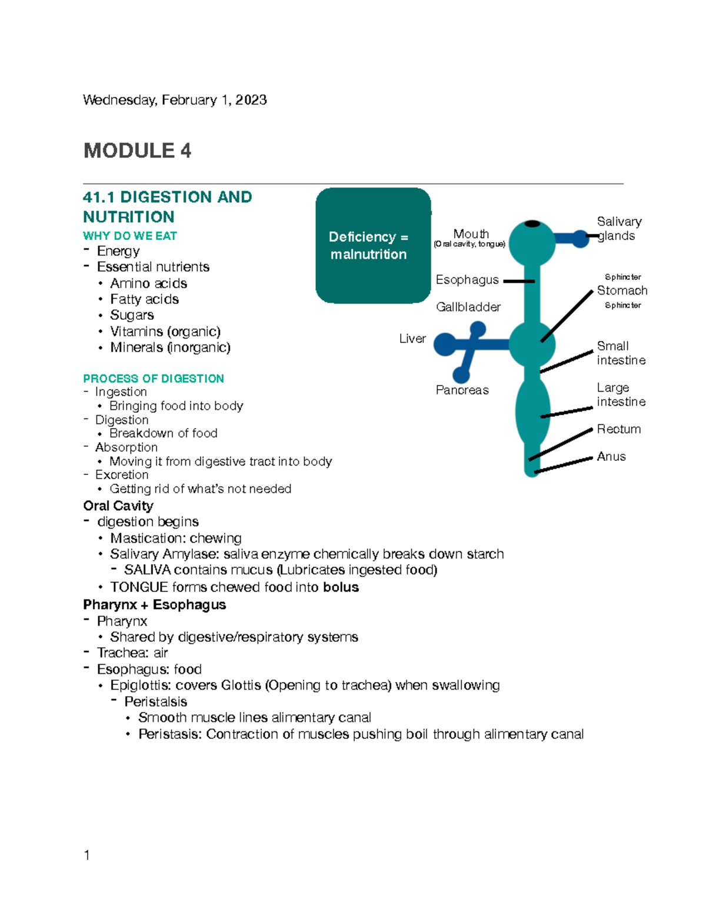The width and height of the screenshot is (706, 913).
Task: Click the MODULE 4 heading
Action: click(x=137, y=151)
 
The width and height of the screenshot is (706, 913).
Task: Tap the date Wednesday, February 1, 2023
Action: click(x=175, y=100)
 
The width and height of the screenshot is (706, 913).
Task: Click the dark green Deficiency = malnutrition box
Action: click(x=373, y=245)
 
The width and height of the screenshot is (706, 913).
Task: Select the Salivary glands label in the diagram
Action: click(x=618, y=229)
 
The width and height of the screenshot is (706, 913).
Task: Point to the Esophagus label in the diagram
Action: click(x=467, y=280)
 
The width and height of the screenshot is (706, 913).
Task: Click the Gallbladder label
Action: click(x=468, y=307)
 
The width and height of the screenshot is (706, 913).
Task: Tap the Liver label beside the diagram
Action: click(x=412, y=339)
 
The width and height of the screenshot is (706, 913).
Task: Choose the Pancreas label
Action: click(x=462, y=390)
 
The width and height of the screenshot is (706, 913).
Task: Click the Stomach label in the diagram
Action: click(x=622, y=290)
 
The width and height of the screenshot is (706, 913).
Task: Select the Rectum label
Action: click(x=618, y=429)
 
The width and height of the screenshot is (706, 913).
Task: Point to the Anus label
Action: click(x=611, y=457)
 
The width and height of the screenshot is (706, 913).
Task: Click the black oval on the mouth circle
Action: click(x=532, y=223)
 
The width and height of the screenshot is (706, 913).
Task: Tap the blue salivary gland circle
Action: click(x=581, y=239)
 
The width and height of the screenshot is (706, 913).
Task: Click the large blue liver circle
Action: click(x=445, y=345)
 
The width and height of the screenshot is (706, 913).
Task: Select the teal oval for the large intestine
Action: click(x=532, y=412)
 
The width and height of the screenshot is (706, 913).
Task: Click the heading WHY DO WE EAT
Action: click(x=129, y=236)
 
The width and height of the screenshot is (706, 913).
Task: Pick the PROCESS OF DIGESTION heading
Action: click(x=153, y=379)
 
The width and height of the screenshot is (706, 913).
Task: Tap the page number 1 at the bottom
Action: click(x=87, y=855)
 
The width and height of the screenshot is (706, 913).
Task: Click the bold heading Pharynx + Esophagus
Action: click(x=154, y=605)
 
